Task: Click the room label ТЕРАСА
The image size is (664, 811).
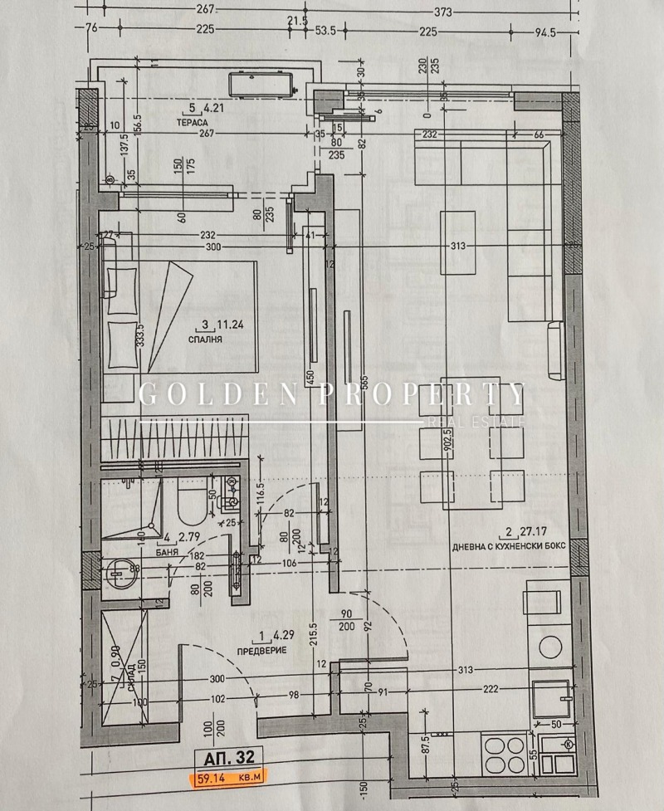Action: [x=192, y=121]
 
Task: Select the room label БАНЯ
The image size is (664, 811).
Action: [x=170, y=550]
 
